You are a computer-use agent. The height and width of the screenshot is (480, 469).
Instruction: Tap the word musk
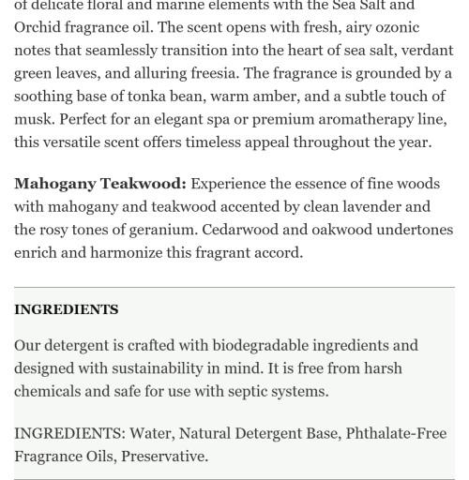tap(33, 119)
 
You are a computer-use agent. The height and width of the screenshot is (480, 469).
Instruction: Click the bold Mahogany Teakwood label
tap(99, 184)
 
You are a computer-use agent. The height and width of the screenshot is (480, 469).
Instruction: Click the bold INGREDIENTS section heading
tap(67, 309)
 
